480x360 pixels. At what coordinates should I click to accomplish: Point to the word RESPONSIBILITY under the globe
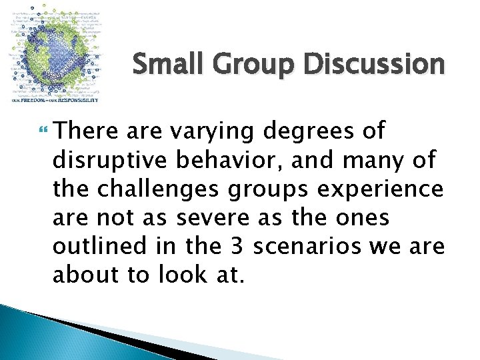(77, 100)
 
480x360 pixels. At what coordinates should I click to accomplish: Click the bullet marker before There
(45, 130)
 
